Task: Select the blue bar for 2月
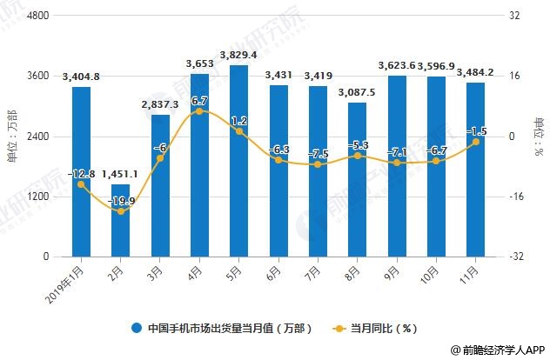[x=120, y=221]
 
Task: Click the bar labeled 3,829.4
[x=238, y=161]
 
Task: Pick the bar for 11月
[x=476, y=170]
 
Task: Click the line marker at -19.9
[x=120, y=211]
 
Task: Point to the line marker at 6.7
[x=199, y=111]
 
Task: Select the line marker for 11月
[x=476, y=142]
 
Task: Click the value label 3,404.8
[x=81, y=77]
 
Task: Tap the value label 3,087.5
[x=358, y=92]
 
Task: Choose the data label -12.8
[x=81, y=173]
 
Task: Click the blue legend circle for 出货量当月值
[x=137, y=329]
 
